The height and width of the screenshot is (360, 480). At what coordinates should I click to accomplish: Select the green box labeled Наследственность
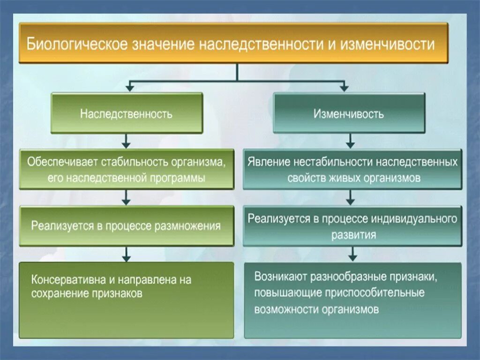[x=127, y=113]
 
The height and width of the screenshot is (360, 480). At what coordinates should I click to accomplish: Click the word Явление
[x=268, y=163]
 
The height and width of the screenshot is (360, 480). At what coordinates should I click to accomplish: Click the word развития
[x=354, y=235]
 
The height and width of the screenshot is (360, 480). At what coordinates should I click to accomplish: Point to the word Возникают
[x=281, y=277]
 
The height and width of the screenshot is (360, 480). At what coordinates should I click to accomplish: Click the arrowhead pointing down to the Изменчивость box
[x=345, y=88]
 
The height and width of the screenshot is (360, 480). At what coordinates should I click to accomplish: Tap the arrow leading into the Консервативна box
[x=126, y=256]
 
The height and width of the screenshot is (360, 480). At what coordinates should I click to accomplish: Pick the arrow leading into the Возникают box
[x=352, y=256]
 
